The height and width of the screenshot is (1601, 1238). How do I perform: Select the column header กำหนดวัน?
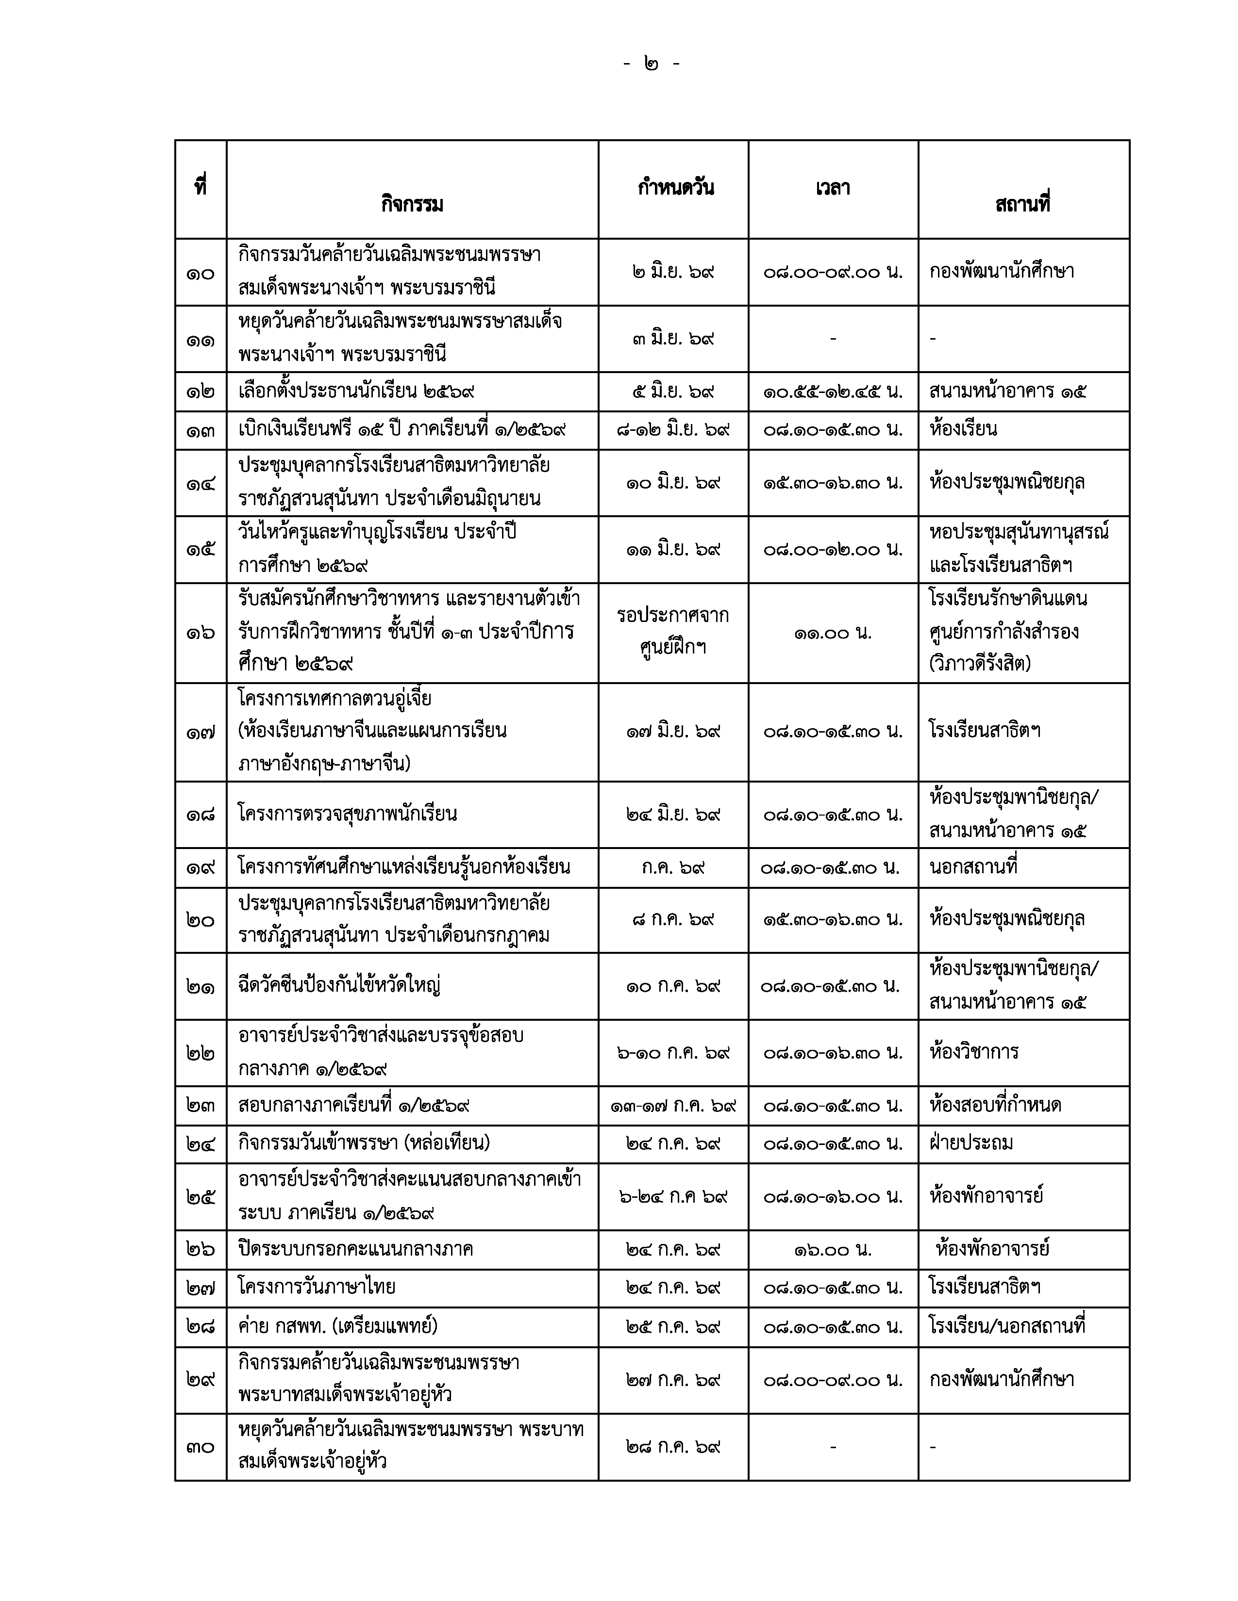[x=675, y=188]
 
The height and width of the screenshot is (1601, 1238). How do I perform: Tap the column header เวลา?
[x=833, y=188]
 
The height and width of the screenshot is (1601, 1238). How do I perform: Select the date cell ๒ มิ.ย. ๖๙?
[x=673, y=272]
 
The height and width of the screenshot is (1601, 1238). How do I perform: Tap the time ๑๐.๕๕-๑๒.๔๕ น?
[x=833, y=392]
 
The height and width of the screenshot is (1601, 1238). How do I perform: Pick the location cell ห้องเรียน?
[x=963, y=429]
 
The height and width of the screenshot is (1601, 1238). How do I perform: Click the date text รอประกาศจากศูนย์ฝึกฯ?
[x=673, y=631]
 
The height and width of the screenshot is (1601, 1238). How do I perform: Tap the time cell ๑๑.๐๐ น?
[x=833, y=633]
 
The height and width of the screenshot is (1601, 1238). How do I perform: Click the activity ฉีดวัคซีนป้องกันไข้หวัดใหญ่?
[x=339, y=985]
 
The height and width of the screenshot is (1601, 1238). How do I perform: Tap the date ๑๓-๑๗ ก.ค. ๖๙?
[x=673, y=1106]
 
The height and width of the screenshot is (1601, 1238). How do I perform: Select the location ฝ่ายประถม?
[x=971, y=1143]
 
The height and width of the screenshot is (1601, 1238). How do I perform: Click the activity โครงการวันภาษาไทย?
[x=317, y=1287]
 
